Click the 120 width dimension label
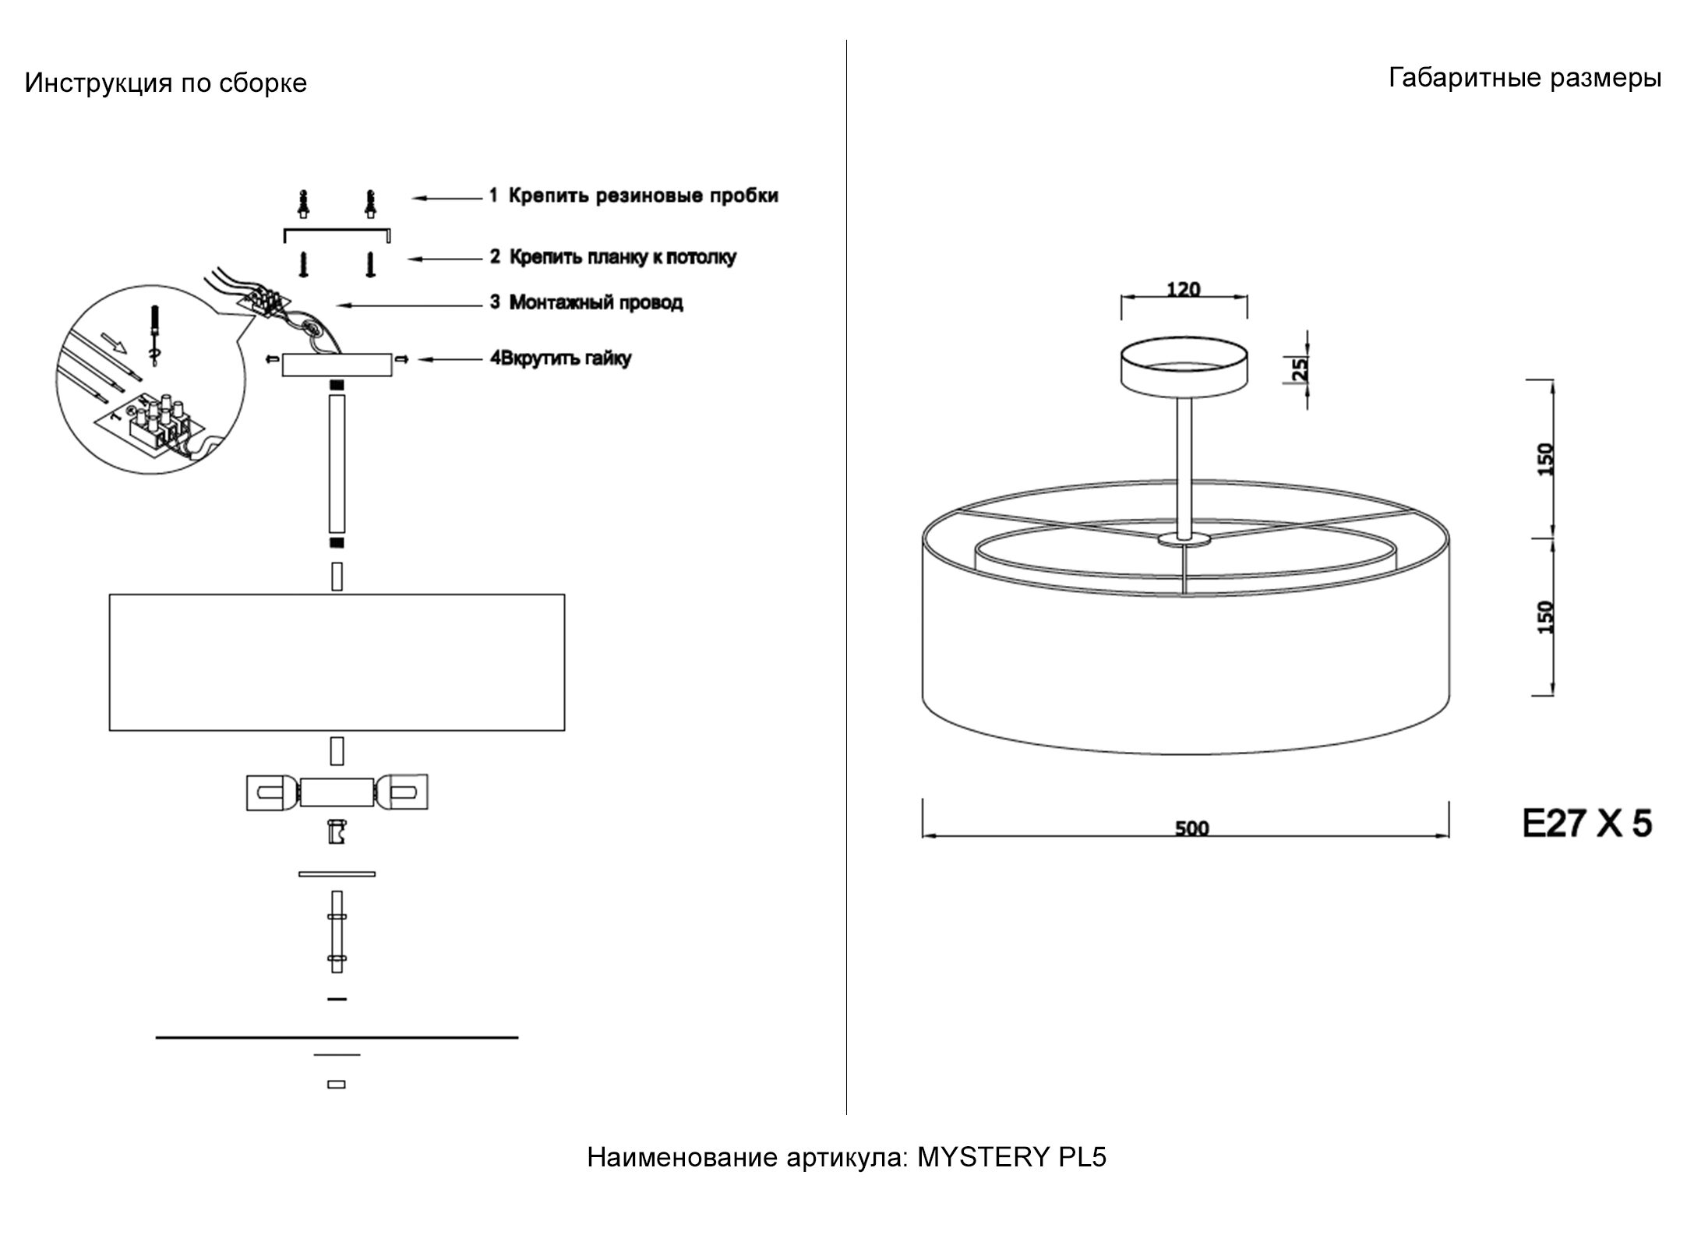[1183, 289]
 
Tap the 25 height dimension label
[1300, 368]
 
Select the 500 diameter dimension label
[1191, 828]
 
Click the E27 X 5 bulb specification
[1586, 823]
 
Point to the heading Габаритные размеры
[1525, 79]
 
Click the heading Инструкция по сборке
[166, 83]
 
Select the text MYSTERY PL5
[1011, 1158]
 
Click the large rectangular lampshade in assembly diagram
[337, 662]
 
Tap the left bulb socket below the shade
[272, 793]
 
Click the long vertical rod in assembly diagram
[337, 464]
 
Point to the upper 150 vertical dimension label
[1548, 459]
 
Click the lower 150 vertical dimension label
[1548, 616]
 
